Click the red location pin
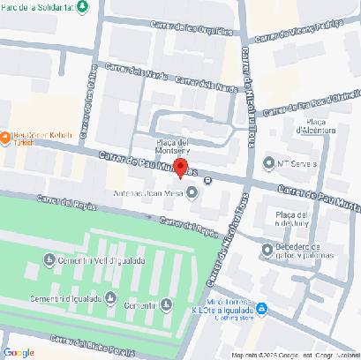coord(180,167)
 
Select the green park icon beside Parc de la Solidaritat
coord(82,7)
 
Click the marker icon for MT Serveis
coord(269,162)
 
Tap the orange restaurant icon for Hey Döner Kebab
coord(6,137)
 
